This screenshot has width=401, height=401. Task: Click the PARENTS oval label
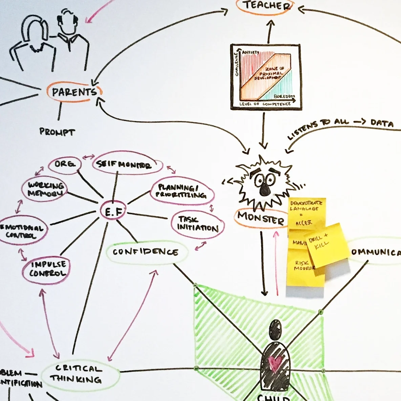pyautogui.click(x=74, y=92)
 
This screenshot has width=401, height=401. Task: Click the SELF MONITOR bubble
pyautogui.click(x=124, y=165)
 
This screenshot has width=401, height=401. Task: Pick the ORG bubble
pyautogui.click(x=64, y=164)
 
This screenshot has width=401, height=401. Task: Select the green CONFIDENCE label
pyautogui.click(x=146, y=252)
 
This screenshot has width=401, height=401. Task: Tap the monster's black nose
pyautogui.click(x=264, y=190)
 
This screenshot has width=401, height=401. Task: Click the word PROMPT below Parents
pyautogui.click(x=57, y=131)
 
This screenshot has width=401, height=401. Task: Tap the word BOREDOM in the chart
pyautogui.click(x=284, y=96)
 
